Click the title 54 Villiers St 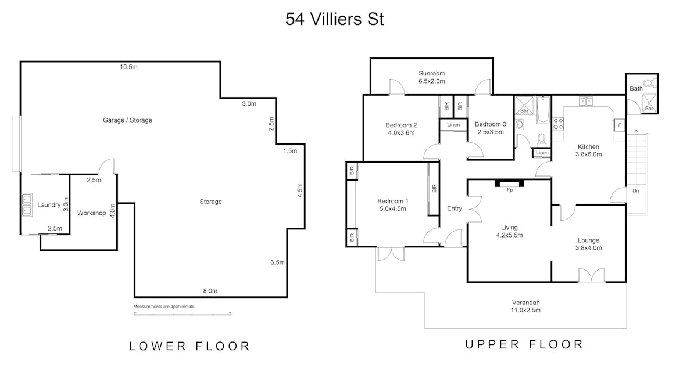pos(335,19)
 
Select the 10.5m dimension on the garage pos(129,67)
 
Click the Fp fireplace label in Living pos(510,190)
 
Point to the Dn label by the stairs pos(635,190)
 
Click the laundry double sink pos(27,205)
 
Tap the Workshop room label pos(91,213)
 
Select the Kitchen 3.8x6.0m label pos(588,150)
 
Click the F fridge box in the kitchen pos(620,125)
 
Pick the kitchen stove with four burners pos(558,124)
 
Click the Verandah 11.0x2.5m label pos(525,306)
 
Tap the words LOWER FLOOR pos(189,346)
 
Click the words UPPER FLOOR pos(524,344)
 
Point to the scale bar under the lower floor pos(183,314)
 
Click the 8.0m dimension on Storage pos(210,291)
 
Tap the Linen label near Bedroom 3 pos(453,125)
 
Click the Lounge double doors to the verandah pos(592,276)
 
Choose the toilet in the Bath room pos(648,82)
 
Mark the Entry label pos(455,209)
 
